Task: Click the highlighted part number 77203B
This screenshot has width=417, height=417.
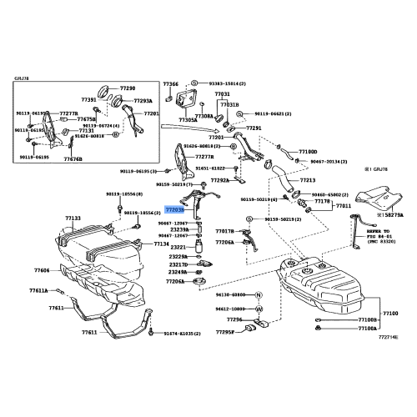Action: pos(175,212)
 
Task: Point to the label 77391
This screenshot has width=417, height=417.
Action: pos(89,99)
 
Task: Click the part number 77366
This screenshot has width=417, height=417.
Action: pos(171,84)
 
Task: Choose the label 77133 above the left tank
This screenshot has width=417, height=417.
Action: pos(73,218)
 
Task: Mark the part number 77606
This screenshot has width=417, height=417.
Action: pos(42,270)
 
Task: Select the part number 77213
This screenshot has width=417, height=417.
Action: pos(307,179)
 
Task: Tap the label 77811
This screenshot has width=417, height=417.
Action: pos(342,205)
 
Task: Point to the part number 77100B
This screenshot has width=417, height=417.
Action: pos(368,319)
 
